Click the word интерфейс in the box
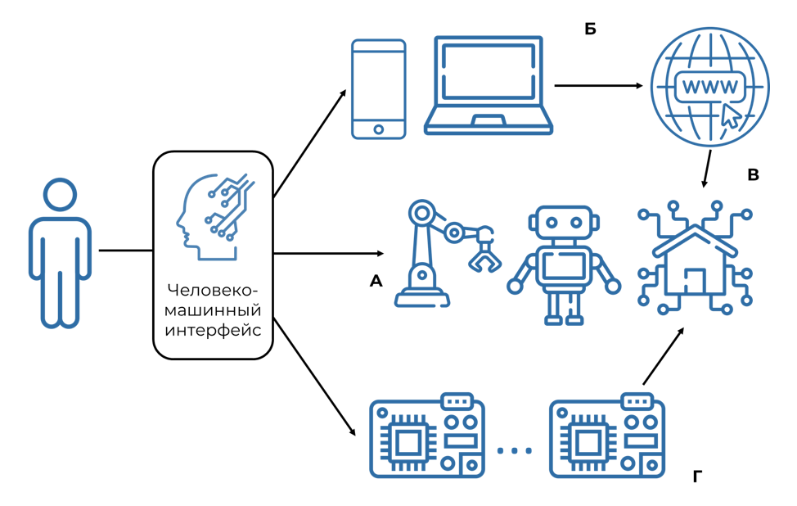pyautogui.click(x=213, y=331)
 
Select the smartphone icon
pyautogui.click(x=378, y=89)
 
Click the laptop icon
pyautogui.click(x=489, y=85)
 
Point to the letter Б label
pyautogui.click(x=590, y=29)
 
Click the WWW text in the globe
pyautogui.click(x=709, y=86)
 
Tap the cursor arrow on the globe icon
pyautogui.click(x=730, y=115)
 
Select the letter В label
pyautogui.click(x=754, y=174)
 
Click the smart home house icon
pyautogui.click(x=695, y=259)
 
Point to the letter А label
pyautogui.click(x=376, y=281)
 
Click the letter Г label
pyautogui.click(x=697, y=476)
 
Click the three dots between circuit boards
pyautogui.click(x=515, y=450)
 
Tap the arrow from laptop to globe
pyautogui.click(x=598, y=85)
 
